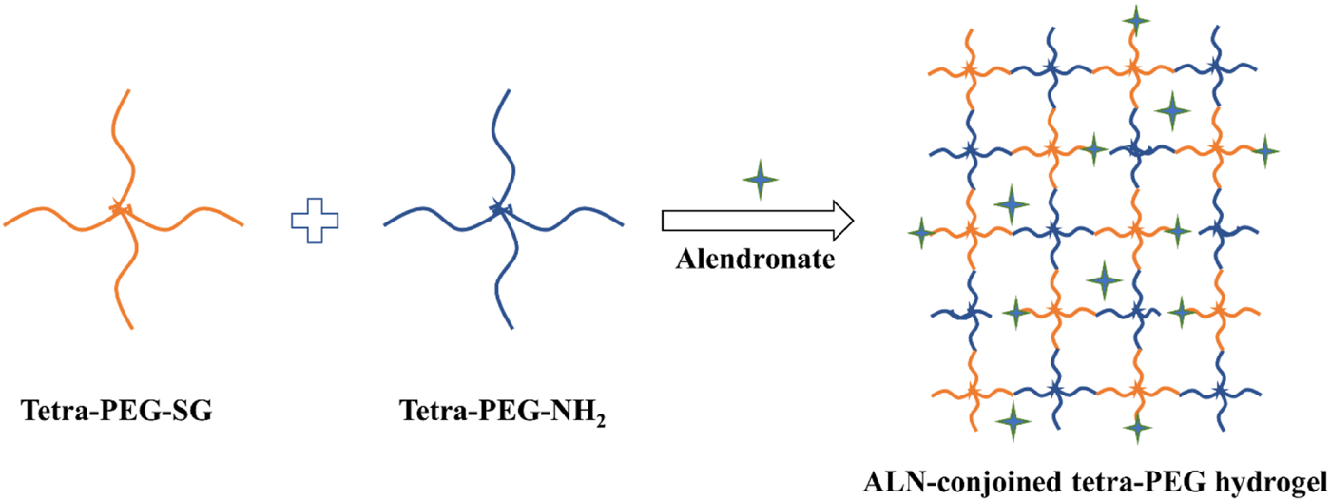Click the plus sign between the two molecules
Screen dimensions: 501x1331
pyautogui.click(x=315, y=221)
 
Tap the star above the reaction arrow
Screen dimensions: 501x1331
pyautogui.click(x=759, y=179)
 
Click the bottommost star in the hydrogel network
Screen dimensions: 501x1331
pyautogui.click(x=1136, y=430)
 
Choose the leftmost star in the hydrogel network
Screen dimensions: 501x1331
pyautogui.click(x=920, y=231)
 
